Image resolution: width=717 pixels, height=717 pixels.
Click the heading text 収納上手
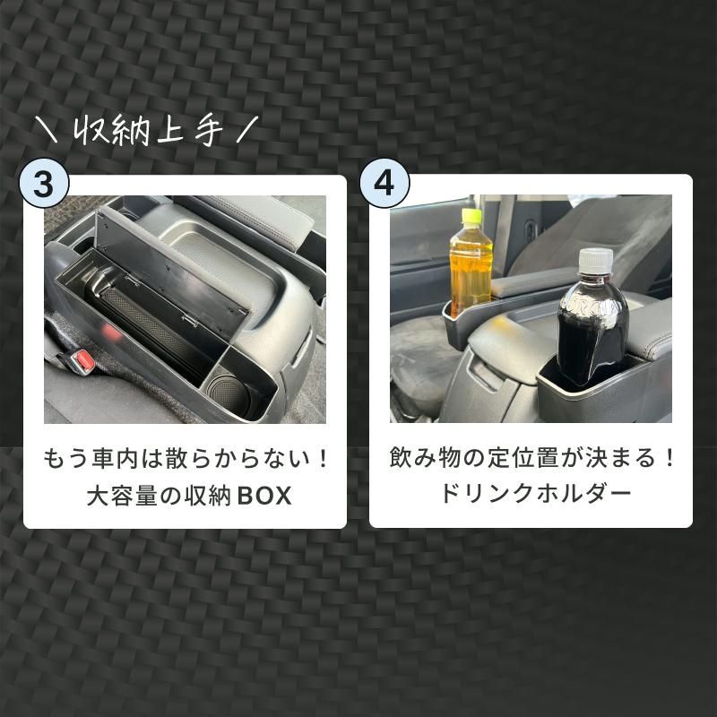click(146, 131)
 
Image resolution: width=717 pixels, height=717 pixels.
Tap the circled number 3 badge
click(44, 184)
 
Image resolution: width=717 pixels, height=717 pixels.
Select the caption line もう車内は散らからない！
click(186, 460)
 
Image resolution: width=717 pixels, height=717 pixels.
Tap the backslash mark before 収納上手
click(47, 131)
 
